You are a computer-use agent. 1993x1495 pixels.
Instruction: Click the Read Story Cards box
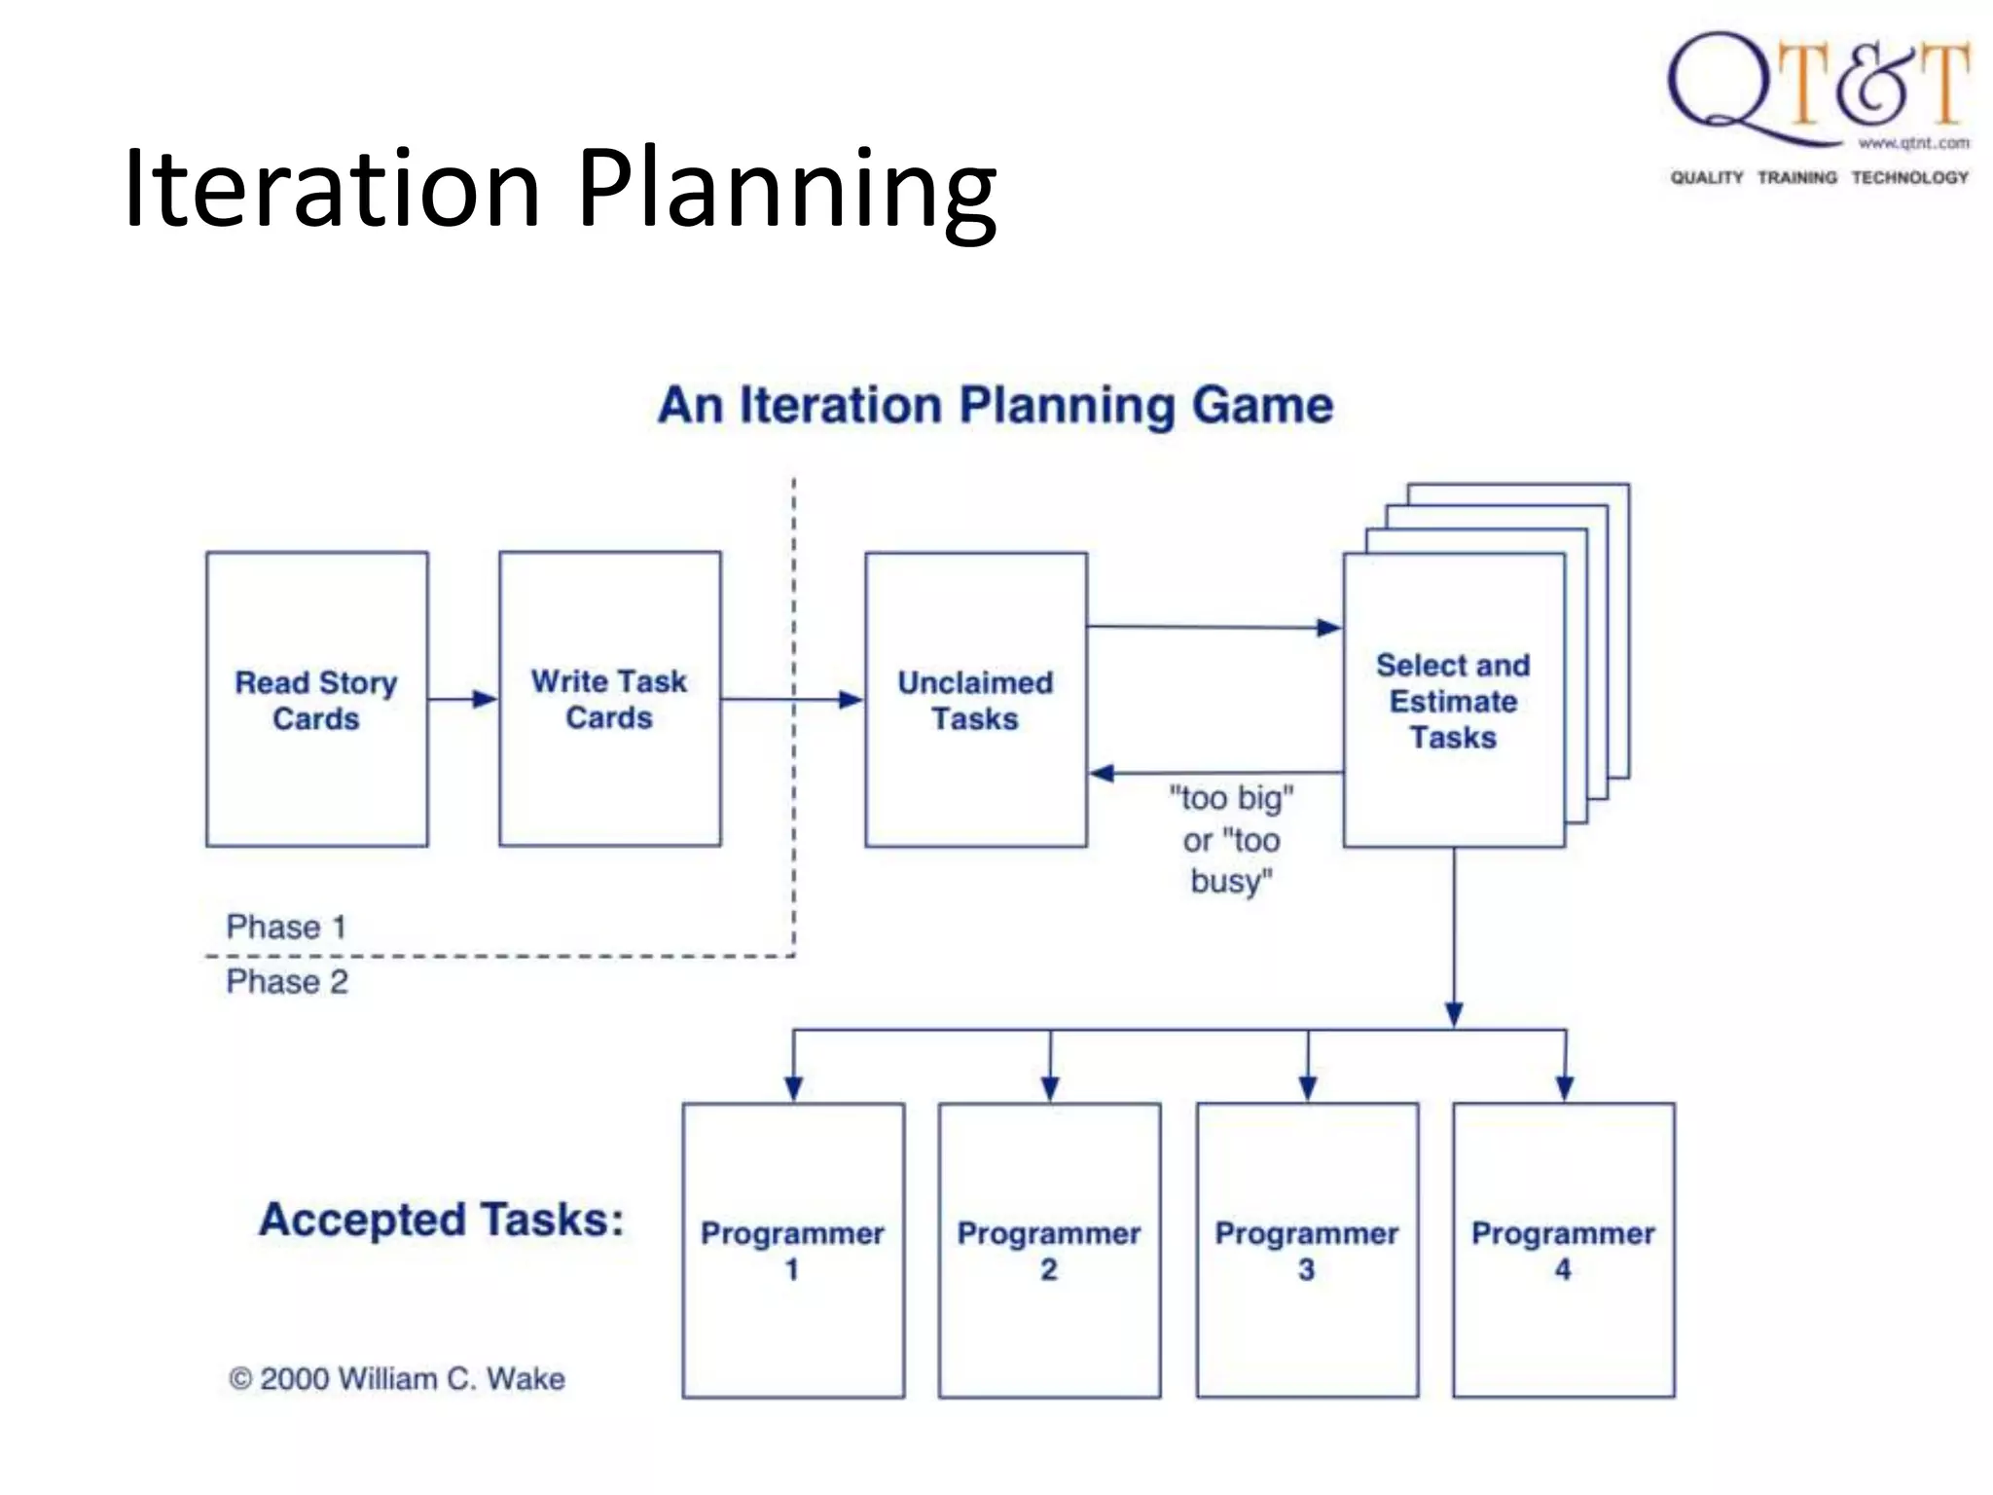[x=316, y=699]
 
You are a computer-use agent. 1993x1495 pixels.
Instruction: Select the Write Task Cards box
[x=609, y=699]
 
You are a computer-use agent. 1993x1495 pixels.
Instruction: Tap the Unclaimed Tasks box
[x=975, y=699]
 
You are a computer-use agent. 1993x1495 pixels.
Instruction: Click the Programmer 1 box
[x=792, y=1250]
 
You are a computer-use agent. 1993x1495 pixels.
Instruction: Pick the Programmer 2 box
[x=1049, y=1250]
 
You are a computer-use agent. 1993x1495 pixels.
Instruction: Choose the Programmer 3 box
[x=1306, y=1250]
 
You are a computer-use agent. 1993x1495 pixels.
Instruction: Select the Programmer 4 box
[x=1563, y=1250]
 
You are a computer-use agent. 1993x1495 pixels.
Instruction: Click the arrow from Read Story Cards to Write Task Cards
[x=463, y=699]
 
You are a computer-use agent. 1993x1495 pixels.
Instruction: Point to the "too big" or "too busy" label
[x=1231, y=839]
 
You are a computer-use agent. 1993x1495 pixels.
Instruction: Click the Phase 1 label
[x=286, y=927]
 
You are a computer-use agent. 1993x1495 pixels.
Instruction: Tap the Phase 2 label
[x=287, y=981]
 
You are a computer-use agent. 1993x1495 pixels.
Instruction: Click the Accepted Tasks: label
[x=441, y=1220]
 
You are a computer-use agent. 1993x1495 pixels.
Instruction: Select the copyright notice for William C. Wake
[x=397, y=1378]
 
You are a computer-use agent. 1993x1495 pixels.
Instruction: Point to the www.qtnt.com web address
[x=1913, y=144]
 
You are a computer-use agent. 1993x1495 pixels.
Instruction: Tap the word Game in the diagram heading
[x=1262, y=405]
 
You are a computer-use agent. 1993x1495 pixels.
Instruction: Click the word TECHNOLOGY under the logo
[x=1909, y=177]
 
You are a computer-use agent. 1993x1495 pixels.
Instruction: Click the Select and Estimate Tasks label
[x=1453, y=701]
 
